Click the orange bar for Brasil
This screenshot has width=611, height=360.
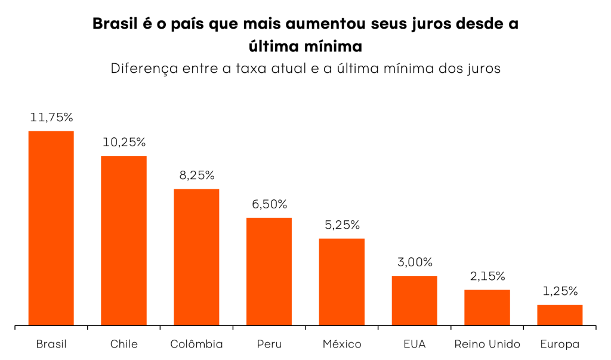point(51,228)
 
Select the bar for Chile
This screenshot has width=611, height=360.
point(124,241)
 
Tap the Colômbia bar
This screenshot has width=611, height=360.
point(196,257)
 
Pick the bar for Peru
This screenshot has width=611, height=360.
point(269,272)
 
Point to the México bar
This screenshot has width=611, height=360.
point(342,282)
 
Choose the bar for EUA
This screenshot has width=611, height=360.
point(415,300)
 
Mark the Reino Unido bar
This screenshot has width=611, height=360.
point(487,307)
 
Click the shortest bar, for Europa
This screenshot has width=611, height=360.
point(560,315)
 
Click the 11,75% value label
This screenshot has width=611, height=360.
point(51,118)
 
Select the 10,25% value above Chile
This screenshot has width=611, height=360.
point(124,143)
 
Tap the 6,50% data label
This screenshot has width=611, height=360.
point(270,205)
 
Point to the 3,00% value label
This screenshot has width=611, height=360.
point(415,263)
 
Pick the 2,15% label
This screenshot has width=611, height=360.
point(487,276)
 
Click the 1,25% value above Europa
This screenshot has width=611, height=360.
point(560,292)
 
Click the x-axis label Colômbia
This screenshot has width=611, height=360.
point(196,344)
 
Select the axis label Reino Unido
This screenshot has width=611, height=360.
point(487,344)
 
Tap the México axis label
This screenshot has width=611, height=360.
point(342,344)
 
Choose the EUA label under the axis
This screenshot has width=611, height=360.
point(415,344)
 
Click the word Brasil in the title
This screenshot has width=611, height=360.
point(116,24)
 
